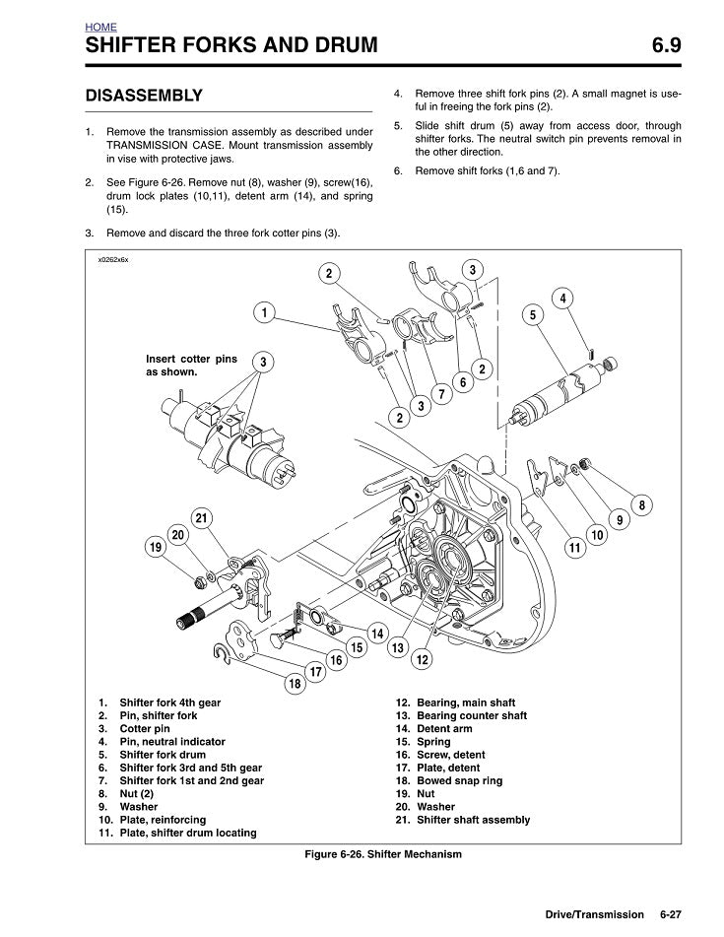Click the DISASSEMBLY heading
tap(144, 96)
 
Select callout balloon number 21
tap(201, 518)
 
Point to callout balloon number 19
tap(155, 546)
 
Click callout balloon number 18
tap(294, 683)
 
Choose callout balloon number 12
tap(422, 658)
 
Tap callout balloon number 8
tap(641, 505)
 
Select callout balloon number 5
tap(532, 314)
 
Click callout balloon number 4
tap(561, 299)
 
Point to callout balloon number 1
tap(264, 312)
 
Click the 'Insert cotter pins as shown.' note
tap(191, 366)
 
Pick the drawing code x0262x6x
tap(113, 260)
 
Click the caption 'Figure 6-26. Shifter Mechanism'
tap(383, 854)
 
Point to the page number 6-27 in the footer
tap(671, 914)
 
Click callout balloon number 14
tap(376, 631)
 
